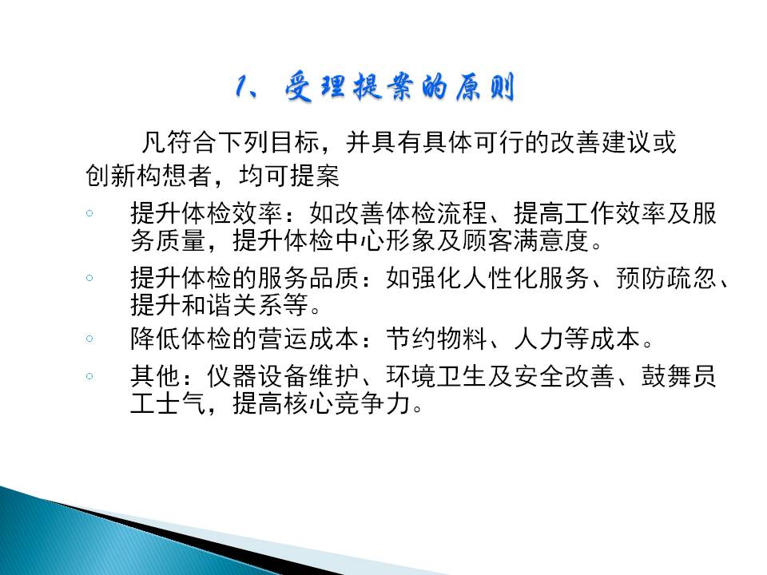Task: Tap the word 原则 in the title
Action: pyautogui.click(x=485, y=88)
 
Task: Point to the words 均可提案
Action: pyautogui.click(x=289, y=175)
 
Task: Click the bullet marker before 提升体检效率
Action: pyautogui.click(x=89, y=213)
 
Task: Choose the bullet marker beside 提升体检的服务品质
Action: pyautogui.click(x=89, y=278)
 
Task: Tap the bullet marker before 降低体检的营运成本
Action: pyautogui.click(x=89, y=339)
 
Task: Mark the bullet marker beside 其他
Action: pyautogui.click(x=89, y=376)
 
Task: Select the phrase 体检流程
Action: pyautogui.click(x=436, y=213)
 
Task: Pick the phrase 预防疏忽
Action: pyautogui.click(x=666, y=278)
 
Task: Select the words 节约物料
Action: pyautogui.click(x=436, y=339)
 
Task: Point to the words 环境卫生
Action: pyautogui.click(x=436, y=376)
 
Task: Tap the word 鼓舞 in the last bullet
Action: pyautogui.click(x=666, y=376)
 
